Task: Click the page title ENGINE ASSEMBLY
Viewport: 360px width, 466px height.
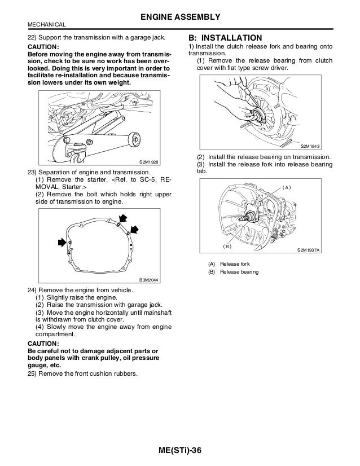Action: [179, 16]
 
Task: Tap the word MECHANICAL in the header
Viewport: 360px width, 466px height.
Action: [46, 24]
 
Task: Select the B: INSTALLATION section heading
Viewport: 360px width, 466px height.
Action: [221, 38]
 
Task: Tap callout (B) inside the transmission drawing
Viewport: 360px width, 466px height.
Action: [227, 246]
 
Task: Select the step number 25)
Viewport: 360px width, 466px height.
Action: [33, 373]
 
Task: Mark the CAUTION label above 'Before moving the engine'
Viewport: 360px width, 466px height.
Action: [43, 47]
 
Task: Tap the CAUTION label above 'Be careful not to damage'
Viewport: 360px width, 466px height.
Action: [43, 342]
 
